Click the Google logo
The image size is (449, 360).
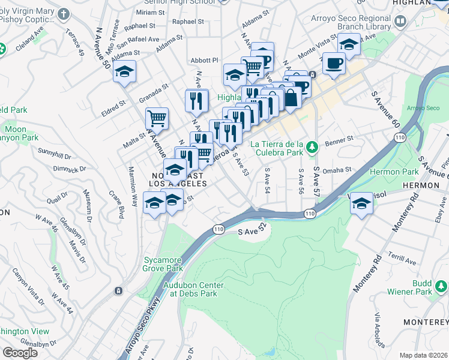pos(20,353)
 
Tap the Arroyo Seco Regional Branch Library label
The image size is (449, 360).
pos(351,22)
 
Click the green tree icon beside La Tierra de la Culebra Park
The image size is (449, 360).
pos(311,147)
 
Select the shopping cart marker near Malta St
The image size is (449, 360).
pos(157,118)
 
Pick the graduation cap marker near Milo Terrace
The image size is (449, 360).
pos(124,71)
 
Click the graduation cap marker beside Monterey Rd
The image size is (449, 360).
pos(362,203)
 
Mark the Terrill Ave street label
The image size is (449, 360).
pos(402,259)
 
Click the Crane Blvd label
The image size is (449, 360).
pos(116,205)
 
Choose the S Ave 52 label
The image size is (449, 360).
pos(252,230)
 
